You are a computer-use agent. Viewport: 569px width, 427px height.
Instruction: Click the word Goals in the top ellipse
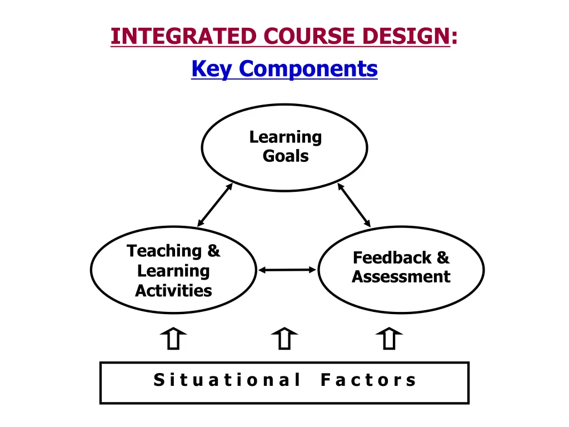286,156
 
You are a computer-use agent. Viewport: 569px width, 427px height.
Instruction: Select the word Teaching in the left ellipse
166,251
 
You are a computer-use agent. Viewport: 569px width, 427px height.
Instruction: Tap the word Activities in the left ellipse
173,290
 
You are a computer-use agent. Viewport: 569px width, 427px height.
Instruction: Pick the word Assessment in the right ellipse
401,277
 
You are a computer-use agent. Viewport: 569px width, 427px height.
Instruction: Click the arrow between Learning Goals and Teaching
215,205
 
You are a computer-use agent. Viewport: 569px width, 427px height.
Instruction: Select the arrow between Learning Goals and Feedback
354,205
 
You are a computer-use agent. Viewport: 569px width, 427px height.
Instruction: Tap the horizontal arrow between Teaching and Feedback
287,270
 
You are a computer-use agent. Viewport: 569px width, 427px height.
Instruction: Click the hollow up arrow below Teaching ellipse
173,338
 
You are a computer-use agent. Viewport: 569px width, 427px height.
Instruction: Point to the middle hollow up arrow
284,338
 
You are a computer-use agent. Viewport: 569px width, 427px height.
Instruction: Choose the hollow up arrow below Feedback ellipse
389,338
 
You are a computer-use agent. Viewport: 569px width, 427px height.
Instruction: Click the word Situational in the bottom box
227,380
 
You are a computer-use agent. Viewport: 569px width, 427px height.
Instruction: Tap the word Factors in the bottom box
368,380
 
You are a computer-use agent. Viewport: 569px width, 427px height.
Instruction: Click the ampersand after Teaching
213,251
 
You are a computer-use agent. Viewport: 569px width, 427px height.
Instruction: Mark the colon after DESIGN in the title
455,37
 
